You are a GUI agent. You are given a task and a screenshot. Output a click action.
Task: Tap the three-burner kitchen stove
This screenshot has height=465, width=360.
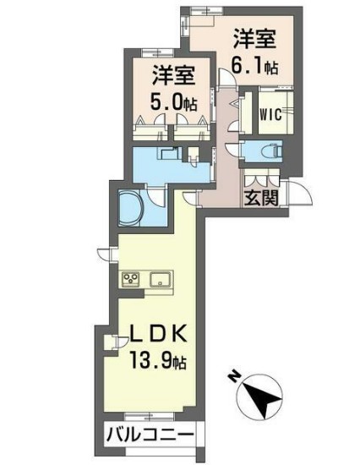click(x=131, y=279)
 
